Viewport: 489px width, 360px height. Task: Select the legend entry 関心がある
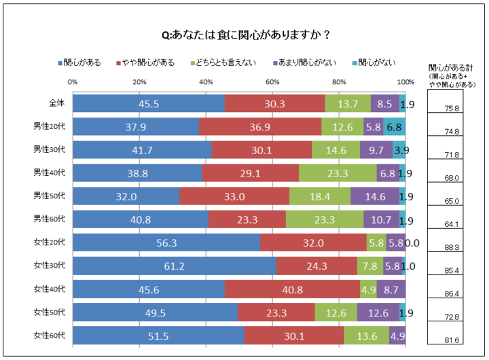point(79,62)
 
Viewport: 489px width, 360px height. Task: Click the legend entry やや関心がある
point(145,62)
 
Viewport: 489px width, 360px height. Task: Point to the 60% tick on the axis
point(273,82)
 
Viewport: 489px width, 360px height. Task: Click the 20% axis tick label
point(140,82)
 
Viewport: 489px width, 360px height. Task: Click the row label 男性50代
point(50,196)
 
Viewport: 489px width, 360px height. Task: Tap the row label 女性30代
point(50,266)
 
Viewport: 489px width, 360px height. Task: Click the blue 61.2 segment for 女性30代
point(175,266)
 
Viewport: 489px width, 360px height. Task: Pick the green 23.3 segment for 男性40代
point(338,174)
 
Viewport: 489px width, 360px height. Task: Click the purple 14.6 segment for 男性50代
point(375,197)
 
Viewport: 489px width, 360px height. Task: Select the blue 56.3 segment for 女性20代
point(166,243)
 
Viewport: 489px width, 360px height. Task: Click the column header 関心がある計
point(452,68)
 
